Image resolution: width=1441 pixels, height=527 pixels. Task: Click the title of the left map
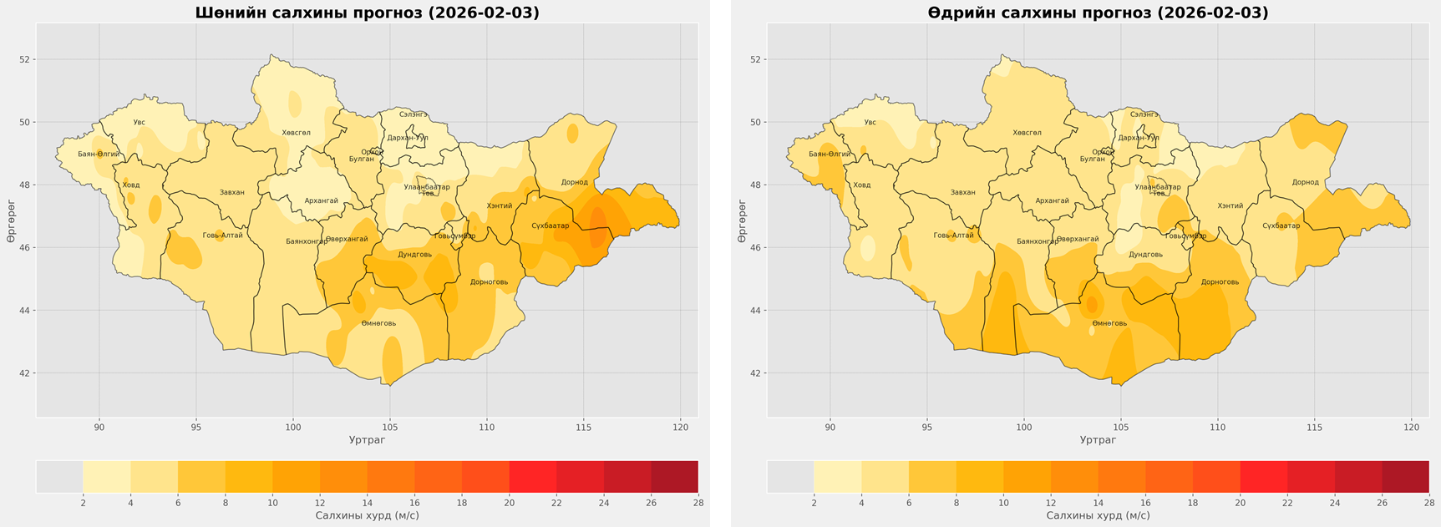(367, 13)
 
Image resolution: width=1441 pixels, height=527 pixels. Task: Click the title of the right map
(1098, 13)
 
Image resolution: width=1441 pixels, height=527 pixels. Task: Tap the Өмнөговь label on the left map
(378, 323)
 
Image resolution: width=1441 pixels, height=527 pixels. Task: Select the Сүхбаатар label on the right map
(1281, 225)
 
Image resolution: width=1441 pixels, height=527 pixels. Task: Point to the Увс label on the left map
(139, 123)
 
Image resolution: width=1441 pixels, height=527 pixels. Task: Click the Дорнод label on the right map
(1305, 182)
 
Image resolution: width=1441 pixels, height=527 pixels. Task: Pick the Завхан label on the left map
(232, 193)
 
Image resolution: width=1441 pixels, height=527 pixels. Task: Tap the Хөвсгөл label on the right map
(1027, 133)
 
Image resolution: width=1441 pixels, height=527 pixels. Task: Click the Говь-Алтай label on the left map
(222, 236)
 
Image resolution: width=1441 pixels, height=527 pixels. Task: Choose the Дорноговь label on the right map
(1220, 282)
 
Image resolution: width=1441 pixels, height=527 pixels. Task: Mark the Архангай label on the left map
(322, 201)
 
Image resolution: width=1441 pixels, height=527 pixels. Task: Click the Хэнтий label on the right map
(1230, 205)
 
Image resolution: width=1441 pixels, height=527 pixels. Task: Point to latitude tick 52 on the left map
(25, 59)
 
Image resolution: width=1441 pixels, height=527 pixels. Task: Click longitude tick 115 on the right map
(1314, 428)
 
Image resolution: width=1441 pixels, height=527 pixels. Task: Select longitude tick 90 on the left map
(99, 428)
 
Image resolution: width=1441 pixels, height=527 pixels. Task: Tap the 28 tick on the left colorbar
(698, 503)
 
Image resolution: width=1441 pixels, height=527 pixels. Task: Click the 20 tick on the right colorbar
(1240, 503)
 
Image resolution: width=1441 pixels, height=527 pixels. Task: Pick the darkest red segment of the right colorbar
(1405, 476)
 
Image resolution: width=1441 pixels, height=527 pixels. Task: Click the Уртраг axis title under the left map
(367, 439)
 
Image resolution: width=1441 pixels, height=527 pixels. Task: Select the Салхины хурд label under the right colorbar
(1098, 515)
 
